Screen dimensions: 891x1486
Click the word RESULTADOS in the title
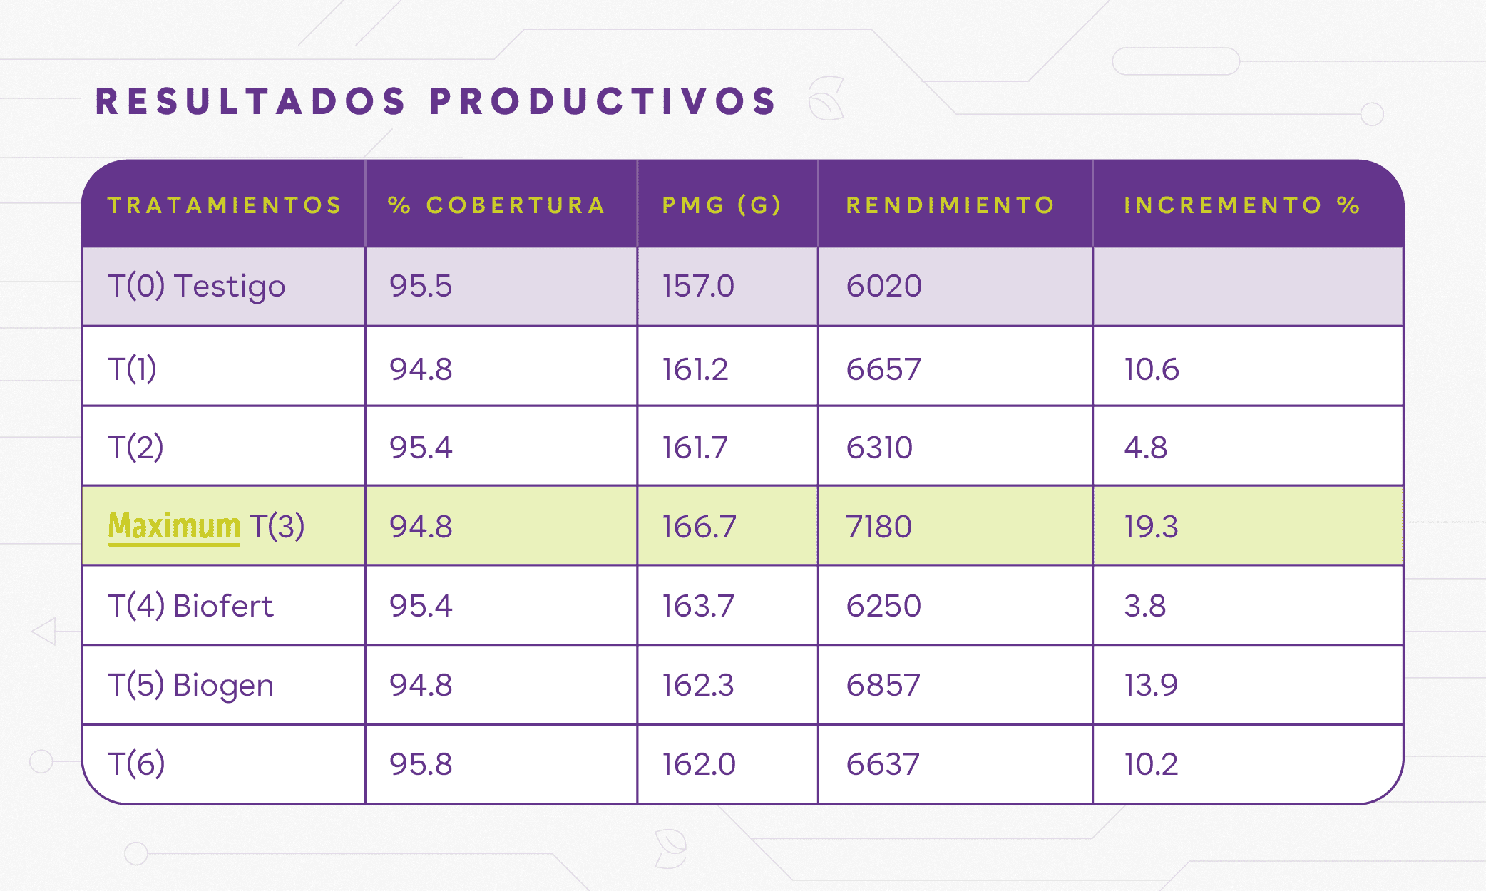click(x=250, y=101)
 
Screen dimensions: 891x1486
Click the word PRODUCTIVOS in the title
click(x=603, y=101)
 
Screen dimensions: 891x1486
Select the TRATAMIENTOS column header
click(x=225, y=205)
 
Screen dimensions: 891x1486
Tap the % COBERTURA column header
click(x=496, y=205)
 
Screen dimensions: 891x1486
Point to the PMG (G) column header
click(x=722, y=205)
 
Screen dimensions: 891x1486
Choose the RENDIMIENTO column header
click(x=950, y=205)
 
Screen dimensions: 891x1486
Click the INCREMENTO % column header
click(x=1241, y=205)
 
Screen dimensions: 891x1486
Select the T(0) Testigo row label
click(x=196, y=286)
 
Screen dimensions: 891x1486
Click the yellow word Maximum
click(x=174, y=526)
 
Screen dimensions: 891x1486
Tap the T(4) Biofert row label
click(x=190, y=606)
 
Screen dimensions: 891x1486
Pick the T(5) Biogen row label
click(x=190, y=685)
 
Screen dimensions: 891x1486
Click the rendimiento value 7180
click(x=878, y=527)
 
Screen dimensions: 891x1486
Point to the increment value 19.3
click(x=1151, y=527)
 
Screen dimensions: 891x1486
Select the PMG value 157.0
click(x=697, y=286)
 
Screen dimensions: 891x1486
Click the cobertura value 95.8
click(x=421, y=764)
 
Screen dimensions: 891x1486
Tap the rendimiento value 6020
click(x=883, y=286)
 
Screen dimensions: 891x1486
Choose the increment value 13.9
click(x=1151, y=685)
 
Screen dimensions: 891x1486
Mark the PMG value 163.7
click(x=697, y=606)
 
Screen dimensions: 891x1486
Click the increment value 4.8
click(x=1145, y=448)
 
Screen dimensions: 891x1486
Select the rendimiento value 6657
click(x=883, y=369)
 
